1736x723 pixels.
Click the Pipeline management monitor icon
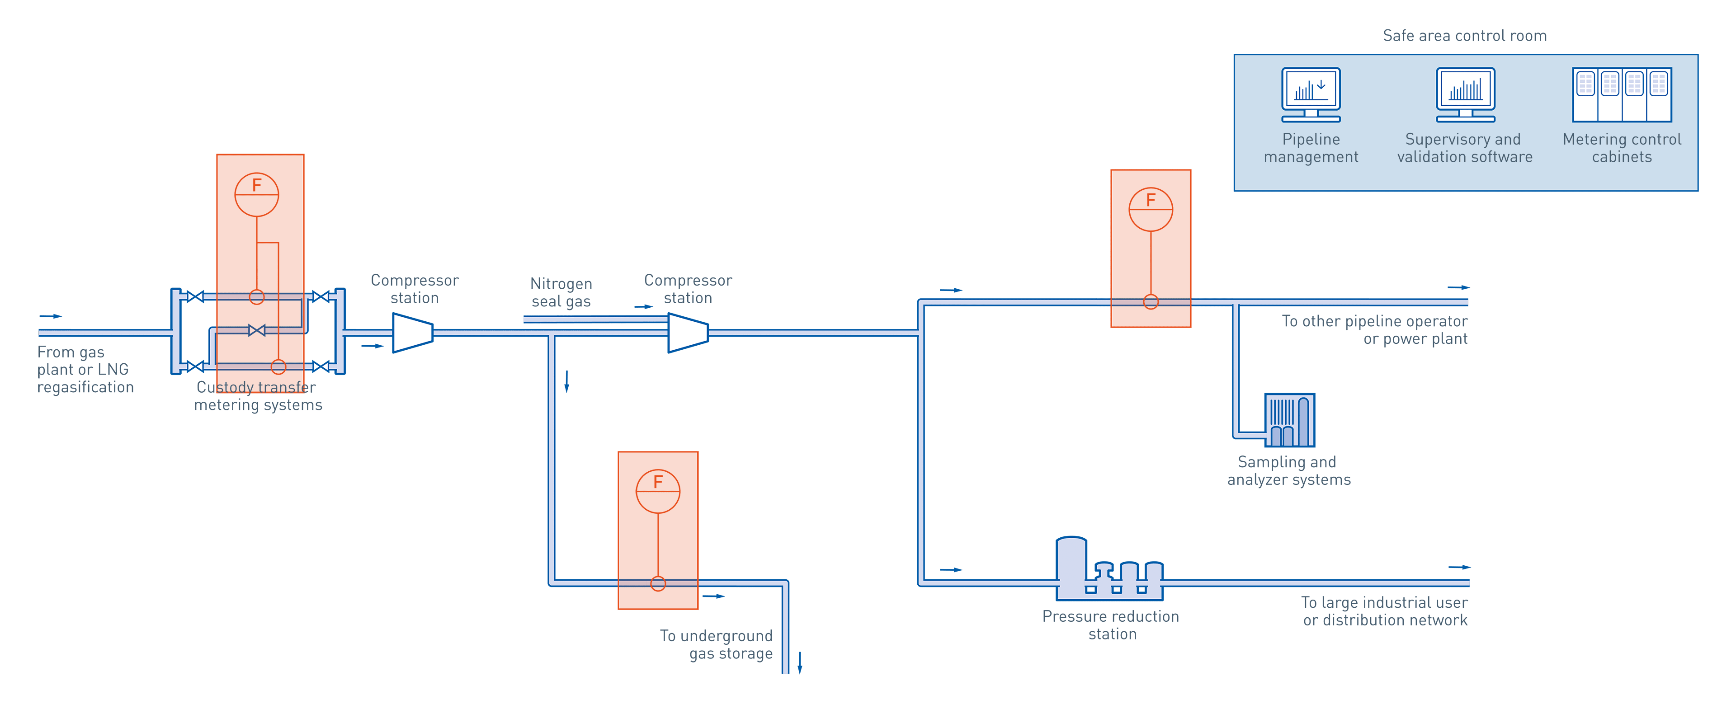click(x=1311, y=94)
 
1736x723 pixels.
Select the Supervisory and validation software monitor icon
click(x=1465, y=94)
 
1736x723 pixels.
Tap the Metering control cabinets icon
click(x=1622, y=95)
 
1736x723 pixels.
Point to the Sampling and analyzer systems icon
click(x=1289, y=420)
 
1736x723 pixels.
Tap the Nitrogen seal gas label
click(x=561, y=292)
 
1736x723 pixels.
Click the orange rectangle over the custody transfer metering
click(x=260, y=222)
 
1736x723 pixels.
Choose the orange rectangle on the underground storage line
click(x=658, y=512)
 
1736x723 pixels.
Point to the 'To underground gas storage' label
click(x=717, y=645)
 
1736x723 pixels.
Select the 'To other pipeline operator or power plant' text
click(x=1375, y=330)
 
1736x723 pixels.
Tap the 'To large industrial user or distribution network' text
click(x=1384, y=611)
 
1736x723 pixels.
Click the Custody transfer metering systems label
click(x=258, y=396)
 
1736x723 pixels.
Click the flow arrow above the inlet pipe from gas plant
click(x=51, y=316)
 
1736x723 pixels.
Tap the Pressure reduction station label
click(x=1111, y=625)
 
